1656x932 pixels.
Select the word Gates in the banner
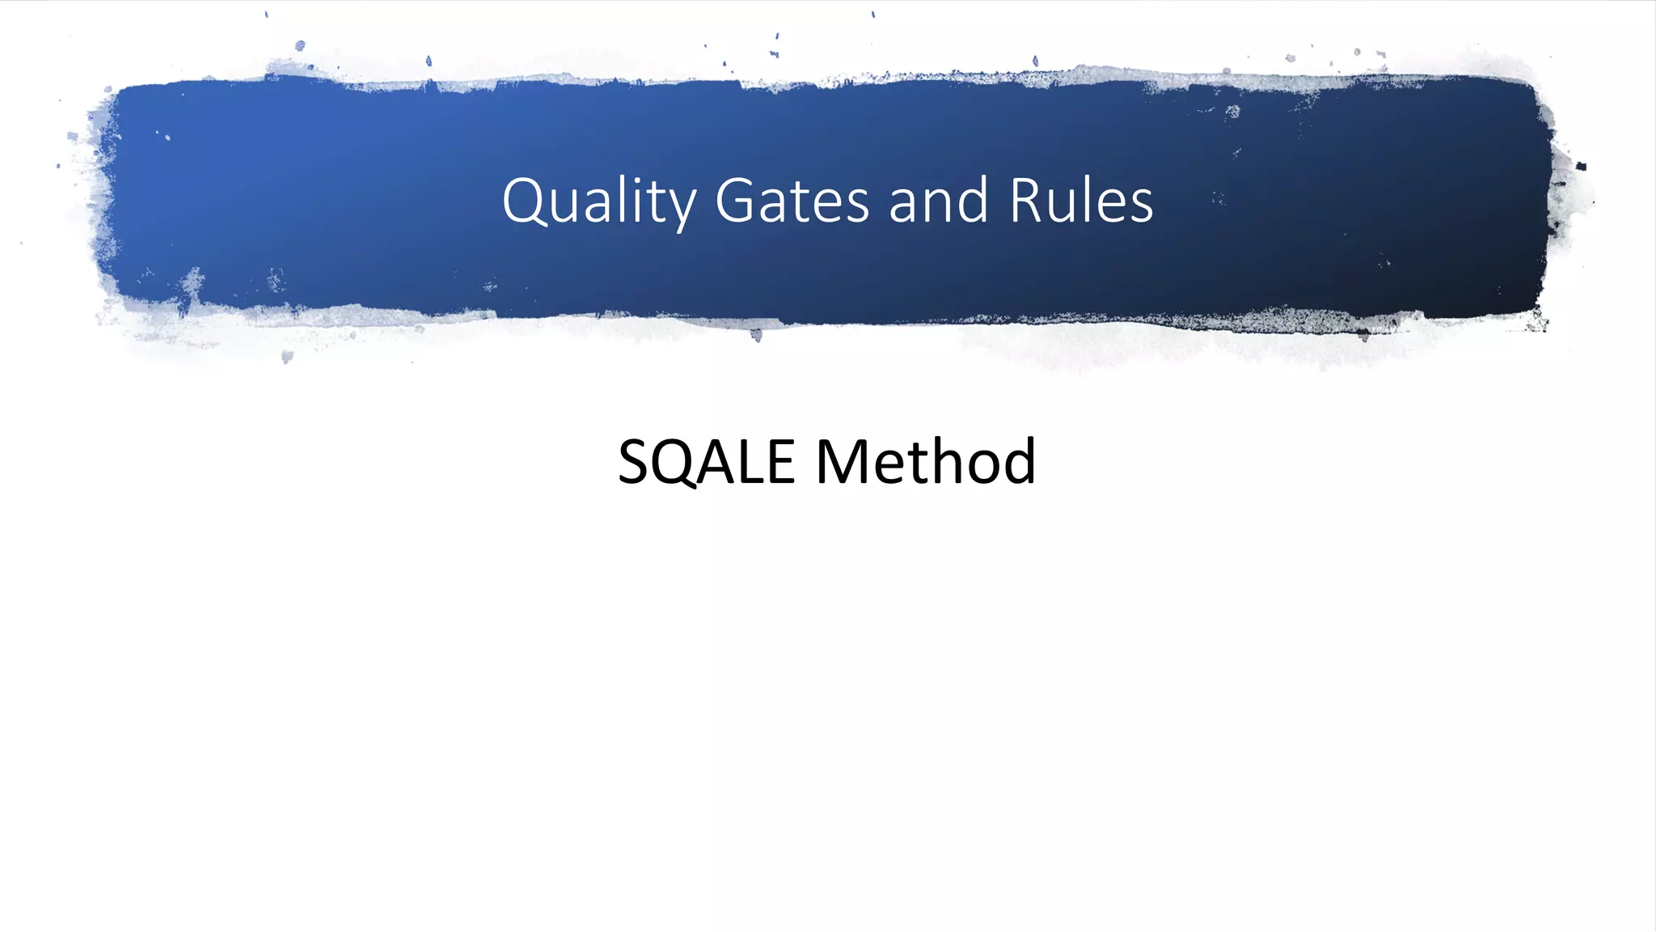(792, 201)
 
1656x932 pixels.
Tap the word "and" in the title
(938, 201)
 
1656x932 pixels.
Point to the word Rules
(1081, 201)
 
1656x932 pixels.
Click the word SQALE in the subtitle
(706, 462)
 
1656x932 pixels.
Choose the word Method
(925, 462)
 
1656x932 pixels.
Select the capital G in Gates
(734, 201)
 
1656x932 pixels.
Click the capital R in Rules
(1028, 201)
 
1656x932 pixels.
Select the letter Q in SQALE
(675, 464)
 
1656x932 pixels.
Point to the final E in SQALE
(780, 462)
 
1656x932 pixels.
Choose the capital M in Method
(843, 462)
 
